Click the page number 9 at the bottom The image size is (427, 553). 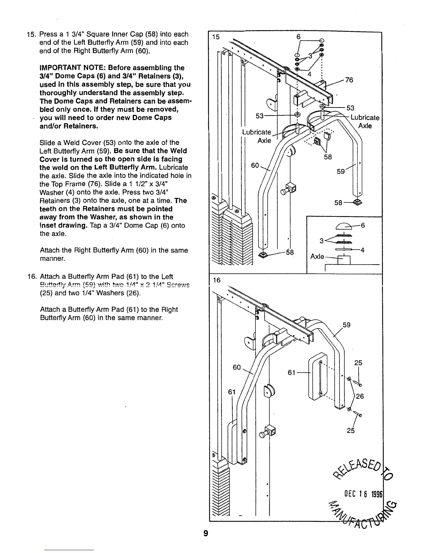(206, 534)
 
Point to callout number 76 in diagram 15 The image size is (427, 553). (349, 80)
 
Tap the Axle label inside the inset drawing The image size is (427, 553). (317, 257)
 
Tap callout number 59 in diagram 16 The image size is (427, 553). (346, 325)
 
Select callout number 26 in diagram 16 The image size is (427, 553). (360, 396)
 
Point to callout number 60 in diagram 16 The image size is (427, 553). (237, 368)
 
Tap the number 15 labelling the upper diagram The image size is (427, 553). (216, 37)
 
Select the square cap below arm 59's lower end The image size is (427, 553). (357, 201)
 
